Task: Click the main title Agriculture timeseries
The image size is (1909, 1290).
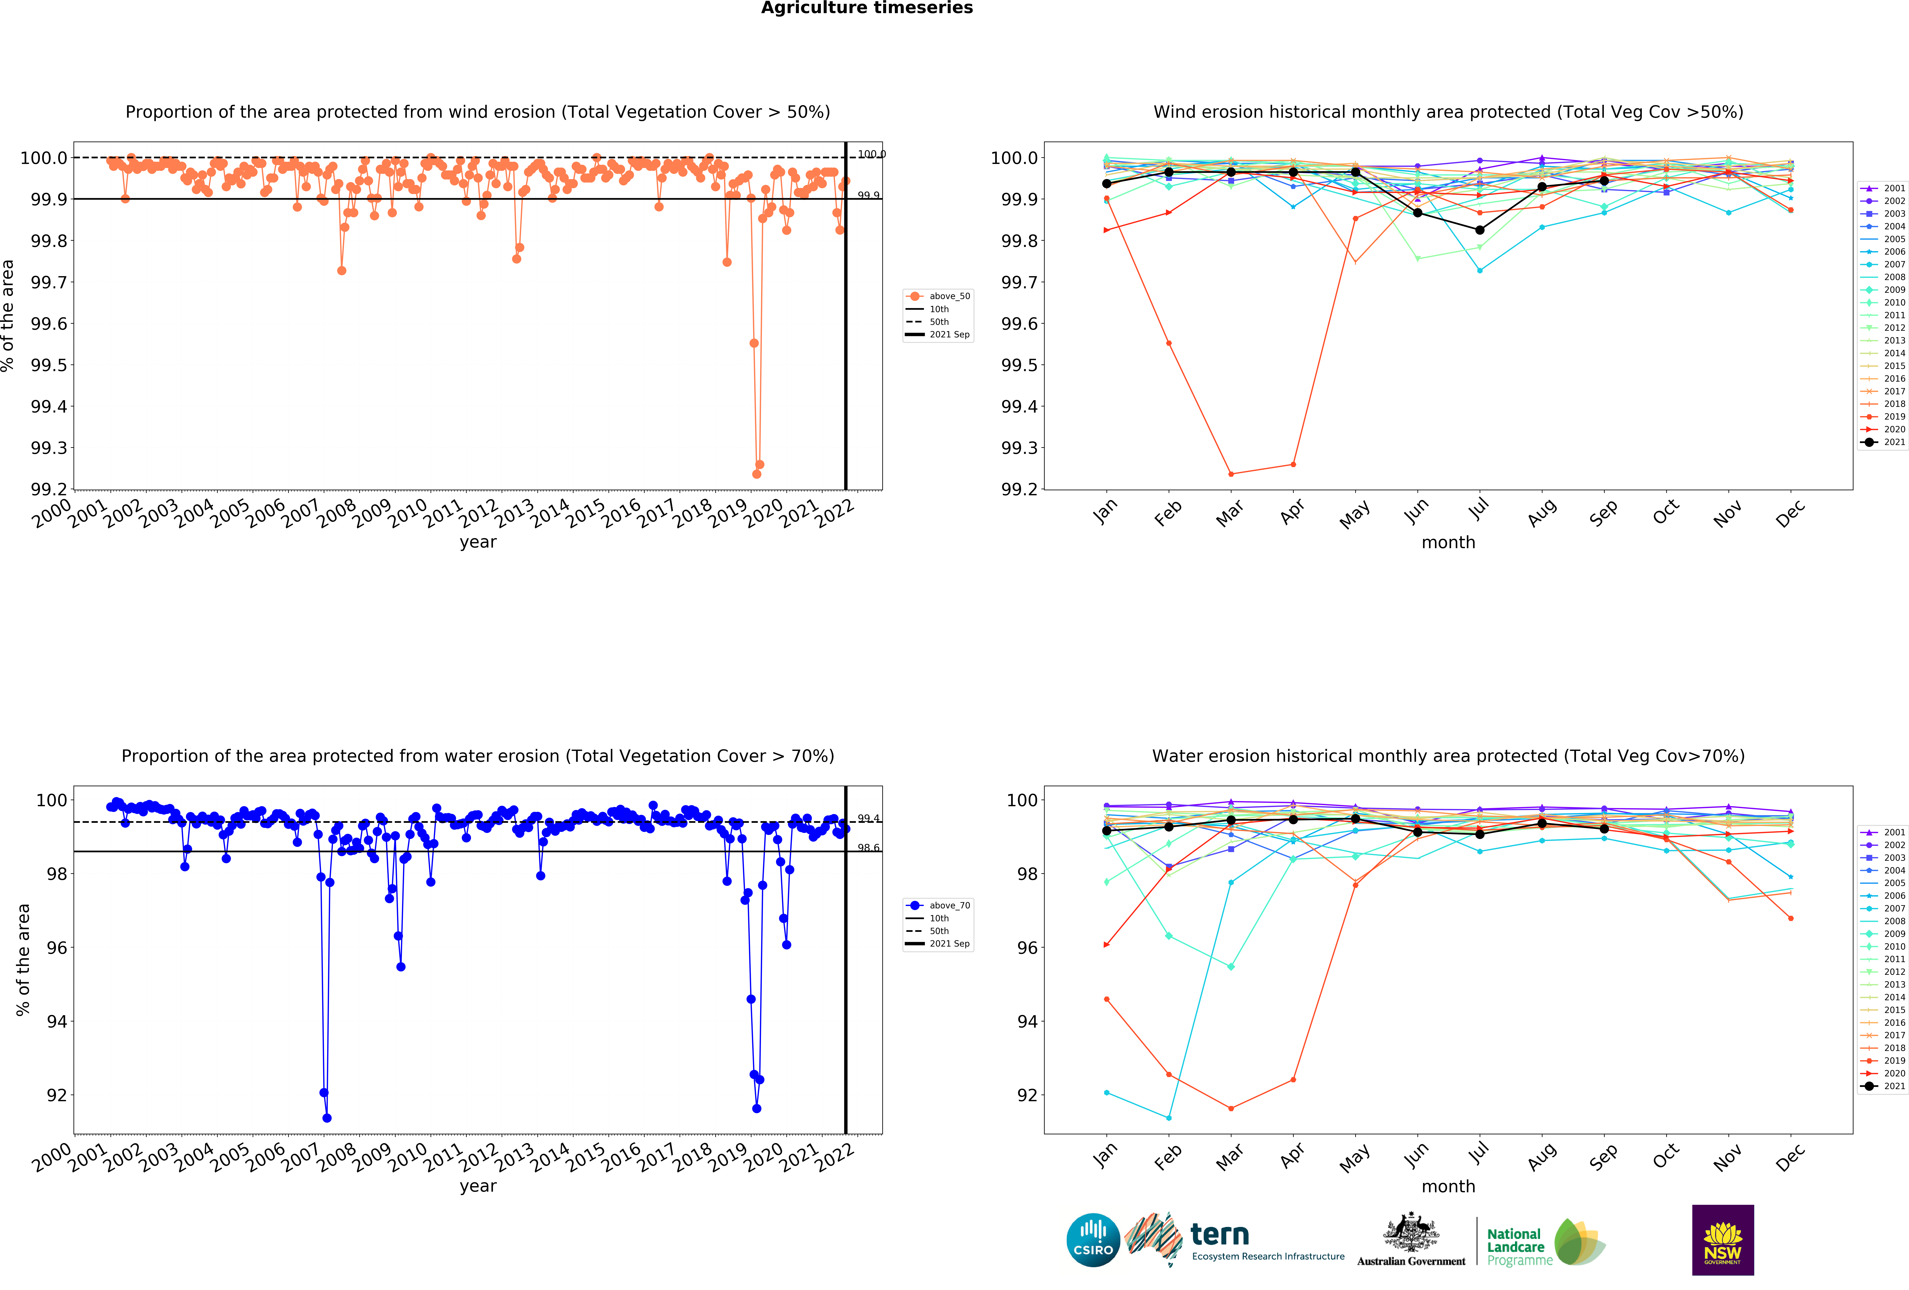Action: (867, 8)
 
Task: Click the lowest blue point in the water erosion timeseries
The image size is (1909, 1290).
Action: (327, 1118)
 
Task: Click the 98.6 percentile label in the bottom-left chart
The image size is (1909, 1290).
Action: (868, 847)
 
